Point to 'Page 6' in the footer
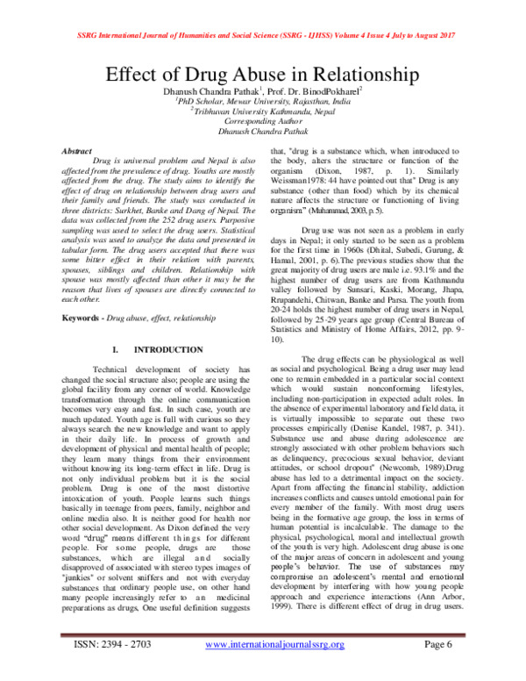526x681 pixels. pyautogui.click(x=442, y=668)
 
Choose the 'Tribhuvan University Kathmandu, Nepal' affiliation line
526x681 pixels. pyautogui.click(x=264, y=112)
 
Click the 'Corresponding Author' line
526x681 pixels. pyautogui.click(x=263, y=123)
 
